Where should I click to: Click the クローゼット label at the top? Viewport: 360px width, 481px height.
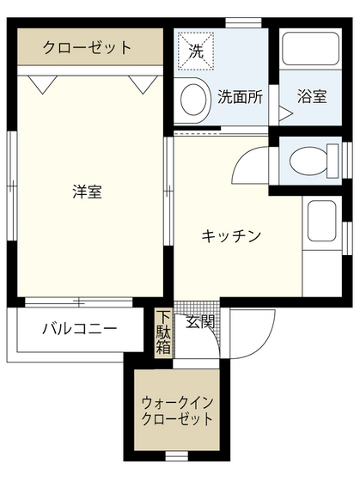click(x=88, y=47)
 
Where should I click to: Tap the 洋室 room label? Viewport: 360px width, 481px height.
click(x=87, y=192)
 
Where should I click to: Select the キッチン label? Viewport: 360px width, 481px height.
click(x=231, y=236)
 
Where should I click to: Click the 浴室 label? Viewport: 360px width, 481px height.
click(x=312, y=96)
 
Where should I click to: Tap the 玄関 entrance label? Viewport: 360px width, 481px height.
click(x=200, y=323)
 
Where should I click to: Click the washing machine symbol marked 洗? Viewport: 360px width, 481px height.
click(x=197, y=50)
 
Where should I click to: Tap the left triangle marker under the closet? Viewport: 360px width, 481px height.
click(x=37, y=82)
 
